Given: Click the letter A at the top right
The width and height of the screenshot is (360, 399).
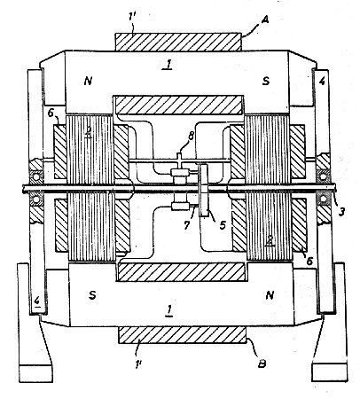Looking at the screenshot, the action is (x=265, y=20).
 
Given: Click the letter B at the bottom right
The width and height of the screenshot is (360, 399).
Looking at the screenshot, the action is (x=262, y=364).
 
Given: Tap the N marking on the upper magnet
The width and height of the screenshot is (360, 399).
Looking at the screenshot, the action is (x=88, y=81).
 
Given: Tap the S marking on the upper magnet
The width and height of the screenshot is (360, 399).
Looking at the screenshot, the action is (x=266, y=81).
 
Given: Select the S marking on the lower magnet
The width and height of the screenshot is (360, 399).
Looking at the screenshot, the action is (x=92, y=295).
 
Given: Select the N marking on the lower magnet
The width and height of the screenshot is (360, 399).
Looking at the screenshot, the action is (x=270, y=295).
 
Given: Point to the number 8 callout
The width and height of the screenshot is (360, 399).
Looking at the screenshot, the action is (x=192, y=137).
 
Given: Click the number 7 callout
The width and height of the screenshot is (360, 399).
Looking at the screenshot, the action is (x=187, y=225).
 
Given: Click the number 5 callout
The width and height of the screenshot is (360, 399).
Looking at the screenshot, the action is (x=223, y=225).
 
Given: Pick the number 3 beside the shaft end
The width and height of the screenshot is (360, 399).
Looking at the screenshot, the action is (x=341, y=212).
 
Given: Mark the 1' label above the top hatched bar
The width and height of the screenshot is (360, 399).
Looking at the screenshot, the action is (x=132, y=17).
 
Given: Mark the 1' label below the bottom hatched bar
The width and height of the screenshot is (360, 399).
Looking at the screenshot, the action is (x=137, y=364).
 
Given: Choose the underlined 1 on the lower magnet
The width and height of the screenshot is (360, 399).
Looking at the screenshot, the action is (x=169, y=310).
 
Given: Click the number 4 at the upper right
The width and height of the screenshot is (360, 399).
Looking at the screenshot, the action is (x=322, y=81).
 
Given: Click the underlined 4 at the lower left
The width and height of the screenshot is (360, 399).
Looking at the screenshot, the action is (x=37, y=301).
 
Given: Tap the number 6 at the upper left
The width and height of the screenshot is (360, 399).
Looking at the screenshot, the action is (x=51, y=113).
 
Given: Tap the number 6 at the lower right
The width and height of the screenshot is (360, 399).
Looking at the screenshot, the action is (x=309, y=261).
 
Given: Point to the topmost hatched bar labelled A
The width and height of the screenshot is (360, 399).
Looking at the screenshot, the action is (x=177, y=42).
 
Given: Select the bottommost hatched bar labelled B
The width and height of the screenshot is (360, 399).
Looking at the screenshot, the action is (x=182, y=335).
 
